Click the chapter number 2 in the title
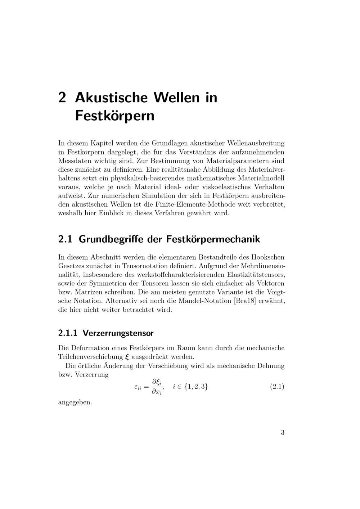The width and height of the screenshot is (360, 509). point(62,98)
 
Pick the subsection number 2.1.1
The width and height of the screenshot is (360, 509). point(68,333)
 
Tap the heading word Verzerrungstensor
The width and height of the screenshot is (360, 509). point(118,333)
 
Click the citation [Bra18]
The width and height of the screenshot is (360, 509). point(245,301)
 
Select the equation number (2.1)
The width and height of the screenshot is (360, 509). point(277,387)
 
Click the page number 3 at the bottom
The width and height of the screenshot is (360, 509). point(283,432)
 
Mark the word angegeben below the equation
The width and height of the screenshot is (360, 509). point(75,402)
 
